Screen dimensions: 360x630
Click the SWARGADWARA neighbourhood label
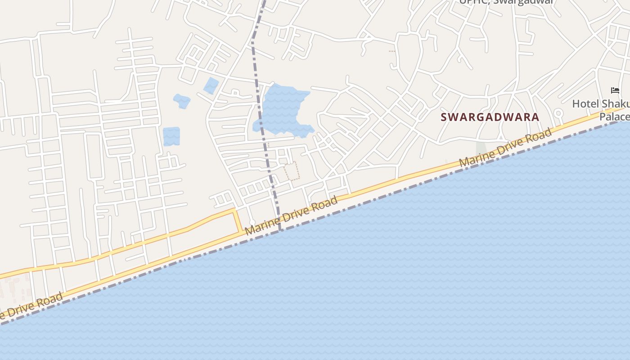coord(490,117)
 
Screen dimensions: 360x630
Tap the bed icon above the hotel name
coord(615,91)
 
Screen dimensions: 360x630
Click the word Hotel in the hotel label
coord(585,104)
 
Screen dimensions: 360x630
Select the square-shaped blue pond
coord(171,136)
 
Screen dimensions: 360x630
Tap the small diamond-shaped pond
coord(211,85)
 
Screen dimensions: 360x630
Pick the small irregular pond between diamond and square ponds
coord(182,101)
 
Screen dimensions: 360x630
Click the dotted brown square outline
coord(292,171)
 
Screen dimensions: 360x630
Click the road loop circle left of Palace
coord(558,113)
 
